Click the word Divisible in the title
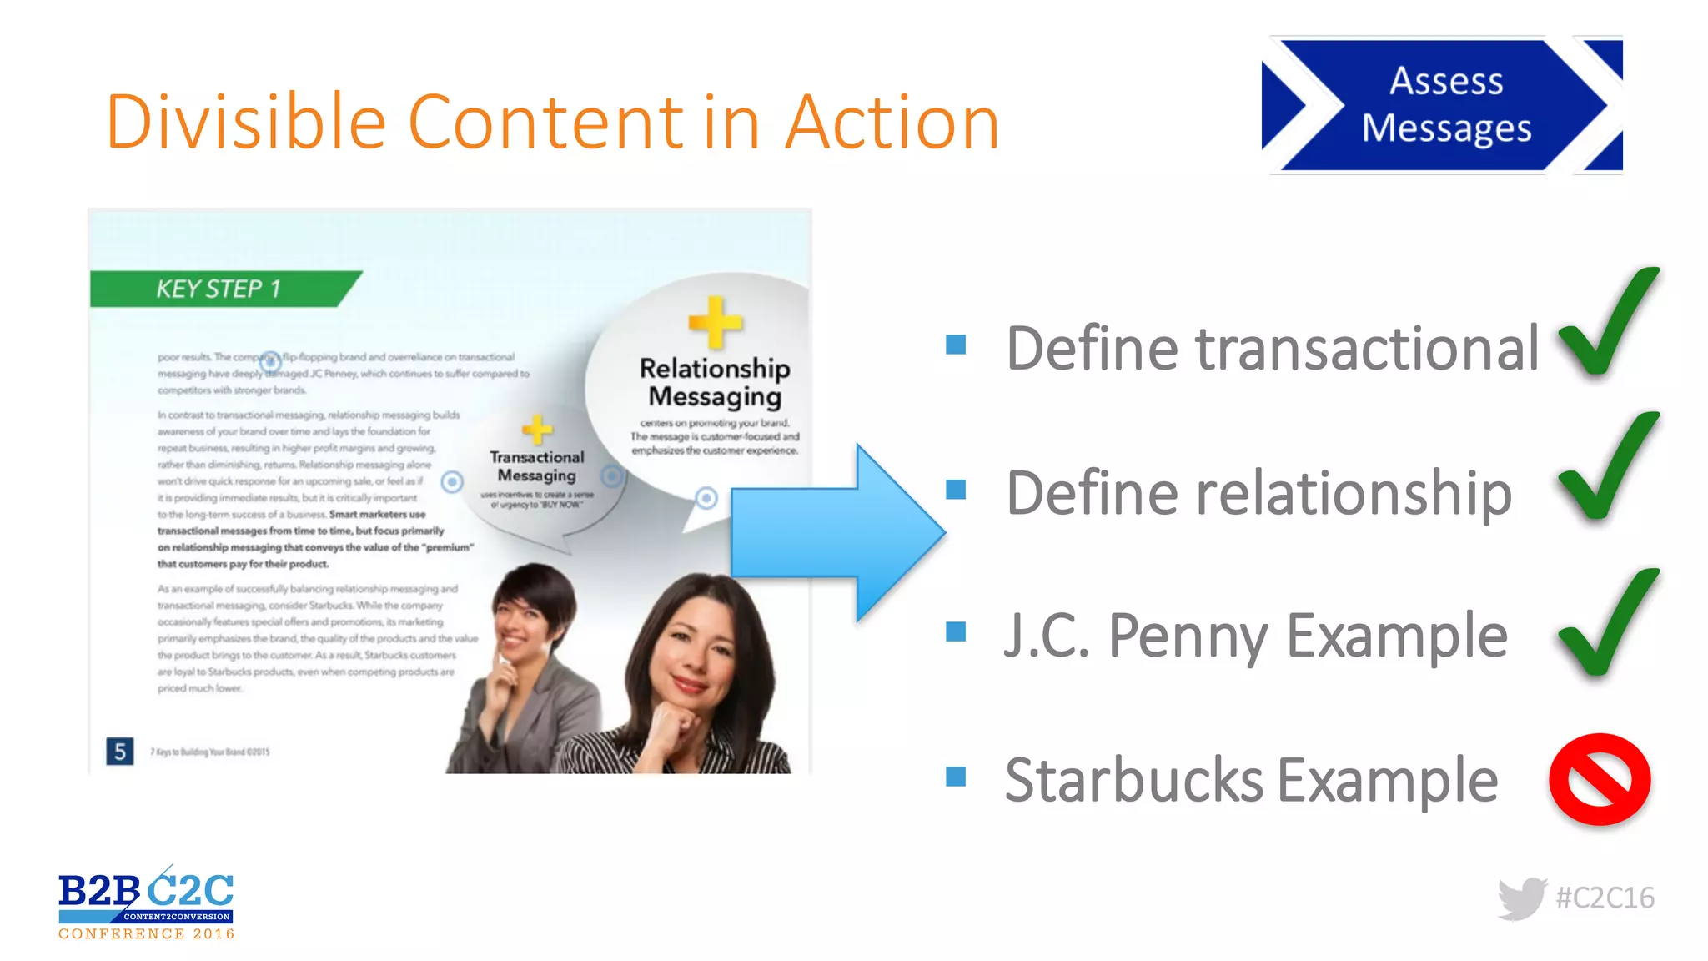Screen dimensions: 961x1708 (245, 123)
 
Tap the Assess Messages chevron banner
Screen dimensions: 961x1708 (1445, 105)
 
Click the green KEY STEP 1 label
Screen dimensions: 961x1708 (219, 289)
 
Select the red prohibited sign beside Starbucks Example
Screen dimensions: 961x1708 (1599, 779)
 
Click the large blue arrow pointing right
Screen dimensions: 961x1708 (834, 534)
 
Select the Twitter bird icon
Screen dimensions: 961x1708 (1521, 898)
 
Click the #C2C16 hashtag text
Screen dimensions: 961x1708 (1605, 898)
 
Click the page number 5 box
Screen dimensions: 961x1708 (120, 752)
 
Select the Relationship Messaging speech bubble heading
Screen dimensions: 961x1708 (715, 382)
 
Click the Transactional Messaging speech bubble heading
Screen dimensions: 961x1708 (537, 466)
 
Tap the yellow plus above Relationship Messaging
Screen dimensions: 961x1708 (715, 321)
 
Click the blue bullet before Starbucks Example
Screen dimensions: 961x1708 (956, 777)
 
